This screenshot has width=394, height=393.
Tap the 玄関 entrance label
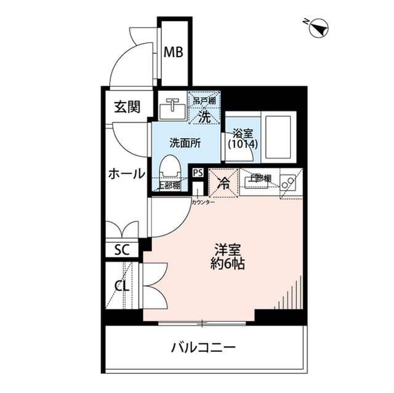pyautogui.click(x=125, y=107)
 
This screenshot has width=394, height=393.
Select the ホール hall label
pyautogui.click(x=126, y=173)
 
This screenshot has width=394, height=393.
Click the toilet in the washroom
pyautogui.click(x=169, y=168)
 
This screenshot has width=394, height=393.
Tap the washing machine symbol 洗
pyautogui.click(x=204, y=113)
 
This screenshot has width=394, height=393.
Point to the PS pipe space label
pyautogui.click(x=198, y=173)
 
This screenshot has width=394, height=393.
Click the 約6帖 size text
pyautogui.click(x=227, y=266)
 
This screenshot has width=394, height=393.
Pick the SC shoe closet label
pyautogui.click(x=121, y=250)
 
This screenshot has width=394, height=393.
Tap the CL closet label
pyautogui.click(x=121, y=285)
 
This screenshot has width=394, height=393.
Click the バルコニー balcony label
pyautogui.click(x=203, y=348)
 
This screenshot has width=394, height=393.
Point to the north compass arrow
pyautogui.click(x=320, y=27)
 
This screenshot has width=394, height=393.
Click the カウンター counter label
pyautogui.click(x=203, y=202)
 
